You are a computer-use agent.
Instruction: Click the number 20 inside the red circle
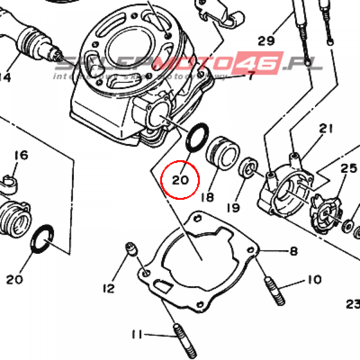point(180,180)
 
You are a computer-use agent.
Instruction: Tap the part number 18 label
point(207,197)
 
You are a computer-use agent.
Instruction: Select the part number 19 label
point(233,207)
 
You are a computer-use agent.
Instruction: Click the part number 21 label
point(326,129)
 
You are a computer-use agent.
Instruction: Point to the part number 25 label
point(349,169)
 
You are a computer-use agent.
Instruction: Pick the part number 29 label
point(266,41)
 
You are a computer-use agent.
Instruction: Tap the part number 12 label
point(109,289)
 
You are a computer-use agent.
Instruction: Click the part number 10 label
point(314,280)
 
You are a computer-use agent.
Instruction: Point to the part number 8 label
point(294,251)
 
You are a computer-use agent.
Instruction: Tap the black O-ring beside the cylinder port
point(197,138)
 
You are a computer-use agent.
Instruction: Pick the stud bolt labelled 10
point(274,291)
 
